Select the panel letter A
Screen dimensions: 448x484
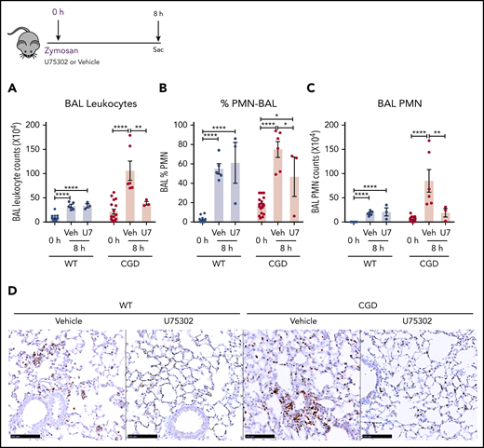[8, 90]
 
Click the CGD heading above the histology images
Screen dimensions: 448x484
[360, 303]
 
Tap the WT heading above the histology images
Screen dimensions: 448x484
[124, 303]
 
